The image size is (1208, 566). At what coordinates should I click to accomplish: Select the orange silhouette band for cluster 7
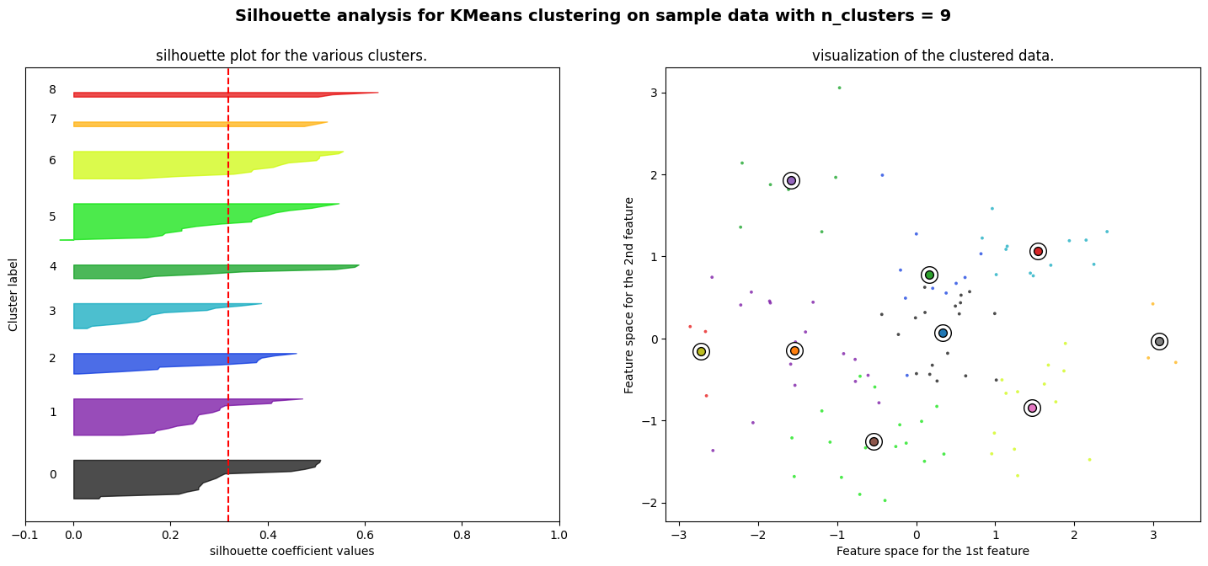point(194,125)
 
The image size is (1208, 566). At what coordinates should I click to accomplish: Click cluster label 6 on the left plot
point(52,161)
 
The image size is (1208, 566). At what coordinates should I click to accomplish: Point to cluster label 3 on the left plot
point(52,312)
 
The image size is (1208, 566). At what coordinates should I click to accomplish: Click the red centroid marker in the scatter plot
point(1038,251)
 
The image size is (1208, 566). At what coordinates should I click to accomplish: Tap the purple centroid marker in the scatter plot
point(791,180)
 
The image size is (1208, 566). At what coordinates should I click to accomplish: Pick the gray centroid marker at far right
point(1159,341)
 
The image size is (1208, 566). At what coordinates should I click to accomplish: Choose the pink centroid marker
point(1032,408)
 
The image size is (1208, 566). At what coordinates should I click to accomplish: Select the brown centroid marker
point(874,441)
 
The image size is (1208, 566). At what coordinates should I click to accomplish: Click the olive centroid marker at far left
point(701,351)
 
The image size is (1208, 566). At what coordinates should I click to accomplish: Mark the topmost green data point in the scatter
point(839,88)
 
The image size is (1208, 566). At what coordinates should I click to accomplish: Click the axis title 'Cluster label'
point(13,294)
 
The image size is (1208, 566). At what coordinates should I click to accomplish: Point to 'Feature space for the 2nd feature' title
point(629,295)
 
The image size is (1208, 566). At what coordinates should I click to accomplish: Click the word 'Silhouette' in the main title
point(275,16)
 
